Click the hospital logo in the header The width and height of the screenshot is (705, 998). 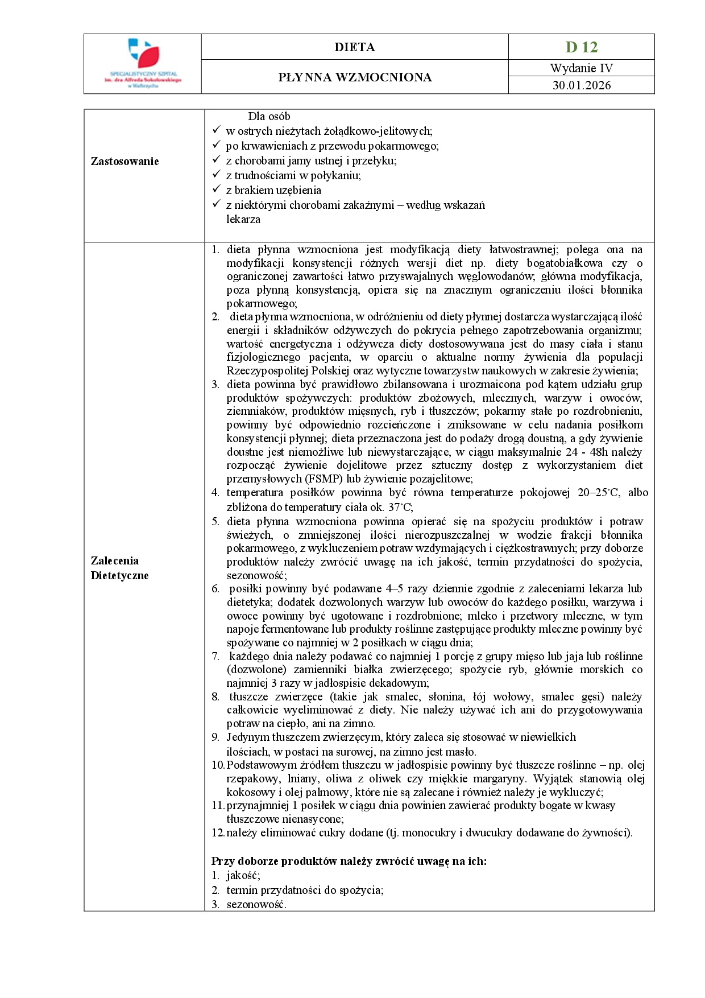point(143,63)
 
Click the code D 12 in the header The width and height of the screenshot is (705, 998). point(581,47)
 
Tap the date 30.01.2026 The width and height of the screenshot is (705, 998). point(581,85)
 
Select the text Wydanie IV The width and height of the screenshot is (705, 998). point(581,68)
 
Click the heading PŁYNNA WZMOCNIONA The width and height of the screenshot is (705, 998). point(355,77)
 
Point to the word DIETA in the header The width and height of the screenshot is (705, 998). point(355,47)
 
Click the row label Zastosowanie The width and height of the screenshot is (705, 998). point(125,162)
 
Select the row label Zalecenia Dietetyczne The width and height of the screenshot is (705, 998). point(119,568)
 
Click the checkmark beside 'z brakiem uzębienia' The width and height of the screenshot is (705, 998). point(216,189)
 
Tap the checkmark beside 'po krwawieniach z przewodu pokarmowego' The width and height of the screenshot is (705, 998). point(216,145)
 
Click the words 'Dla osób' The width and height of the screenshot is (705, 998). point(269,117)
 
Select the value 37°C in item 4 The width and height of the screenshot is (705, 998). point(400,507)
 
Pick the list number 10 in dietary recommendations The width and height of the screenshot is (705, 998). point(218,765)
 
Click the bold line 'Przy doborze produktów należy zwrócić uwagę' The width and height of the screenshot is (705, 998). point(349,861)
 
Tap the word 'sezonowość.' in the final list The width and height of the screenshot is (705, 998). point(256,905)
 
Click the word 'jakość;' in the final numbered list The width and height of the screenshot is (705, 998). point(243,876)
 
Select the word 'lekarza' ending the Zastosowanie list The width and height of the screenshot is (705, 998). point(243,220)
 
